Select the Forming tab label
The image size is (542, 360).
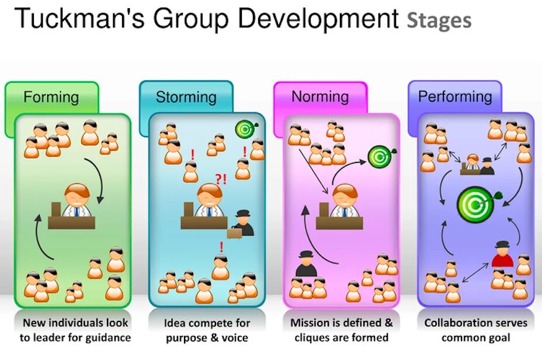click(x=51, y=96)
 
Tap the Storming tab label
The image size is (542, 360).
click(x=186, y=96)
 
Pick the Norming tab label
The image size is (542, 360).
click(x=320, y=96)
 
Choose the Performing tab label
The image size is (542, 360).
click(x=455, y=96)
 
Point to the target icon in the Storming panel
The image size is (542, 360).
click(x=244, y=129)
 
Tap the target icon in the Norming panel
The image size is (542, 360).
click(x=379, y=156)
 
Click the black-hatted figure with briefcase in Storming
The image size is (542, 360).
click(x=242, y=224)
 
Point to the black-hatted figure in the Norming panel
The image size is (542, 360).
click(x=305, y=265)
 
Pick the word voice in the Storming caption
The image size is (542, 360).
click(x=234, y=338)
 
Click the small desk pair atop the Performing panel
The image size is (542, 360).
click(x=477, y=165)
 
